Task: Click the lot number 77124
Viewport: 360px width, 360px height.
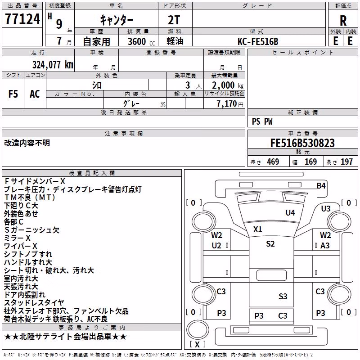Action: [x=22, y=19]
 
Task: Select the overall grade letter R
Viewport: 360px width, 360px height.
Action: [x=343, y=21]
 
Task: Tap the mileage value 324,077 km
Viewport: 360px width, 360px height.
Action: [x=53, y=65]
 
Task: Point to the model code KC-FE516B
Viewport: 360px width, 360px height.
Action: [x=258, y=41]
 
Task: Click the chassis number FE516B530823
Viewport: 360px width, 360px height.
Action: [x=302, y=143]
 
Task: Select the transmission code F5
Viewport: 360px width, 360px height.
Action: [x=13, y=94]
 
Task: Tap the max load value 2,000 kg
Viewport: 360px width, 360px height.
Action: [x=228, y=85]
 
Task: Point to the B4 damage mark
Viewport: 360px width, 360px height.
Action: [x=321, y=185]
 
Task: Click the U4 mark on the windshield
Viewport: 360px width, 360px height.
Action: [x=290, y=212]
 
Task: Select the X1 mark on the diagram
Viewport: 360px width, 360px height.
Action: [x=257, y=229]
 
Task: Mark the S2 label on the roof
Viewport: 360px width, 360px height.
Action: [x=270, y=243]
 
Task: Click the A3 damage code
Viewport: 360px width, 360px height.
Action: [x=325, y=246]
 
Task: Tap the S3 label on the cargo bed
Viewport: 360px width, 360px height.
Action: [x=283, y=297]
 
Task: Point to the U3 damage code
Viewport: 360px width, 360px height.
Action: [x=325, y=208]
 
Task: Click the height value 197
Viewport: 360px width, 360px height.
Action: [x=346, y=162]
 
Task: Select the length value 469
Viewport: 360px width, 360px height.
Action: [x=273, y=162]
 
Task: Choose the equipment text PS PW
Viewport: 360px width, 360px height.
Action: [x=262, y=121]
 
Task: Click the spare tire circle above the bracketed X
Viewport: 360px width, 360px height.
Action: [x=198, y=321]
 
